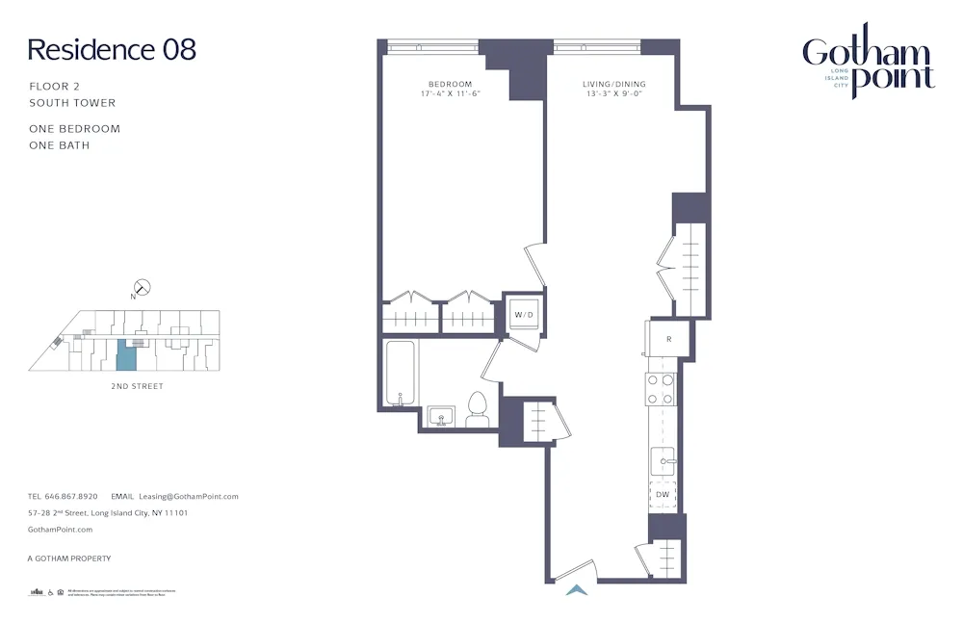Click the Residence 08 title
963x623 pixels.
pos(112,50)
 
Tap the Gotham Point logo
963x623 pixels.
pos(868,64)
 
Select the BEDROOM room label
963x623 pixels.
pos(451,85)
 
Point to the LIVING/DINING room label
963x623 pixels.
pos(613,85)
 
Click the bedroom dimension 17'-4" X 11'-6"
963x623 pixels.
pos(451,94)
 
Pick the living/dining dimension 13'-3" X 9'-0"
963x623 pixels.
pos(613,94)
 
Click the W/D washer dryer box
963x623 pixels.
pos(524,315)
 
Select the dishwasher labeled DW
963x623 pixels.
pos(663,495)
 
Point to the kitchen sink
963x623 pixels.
pos(663,461)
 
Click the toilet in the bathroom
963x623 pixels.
pos(478,409)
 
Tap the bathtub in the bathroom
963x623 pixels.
pos(399,373)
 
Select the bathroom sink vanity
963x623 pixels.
pos(442,417)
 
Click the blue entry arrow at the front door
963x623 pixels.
pos(576,590)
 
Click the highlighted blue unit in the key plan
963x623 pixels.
pos(126,354)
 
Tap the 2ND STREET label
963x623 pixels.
pos(137,386)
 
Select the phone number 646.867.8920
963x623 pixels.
pos(71,497)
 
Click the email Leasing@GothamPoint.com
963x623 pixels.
pos(188,497)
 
